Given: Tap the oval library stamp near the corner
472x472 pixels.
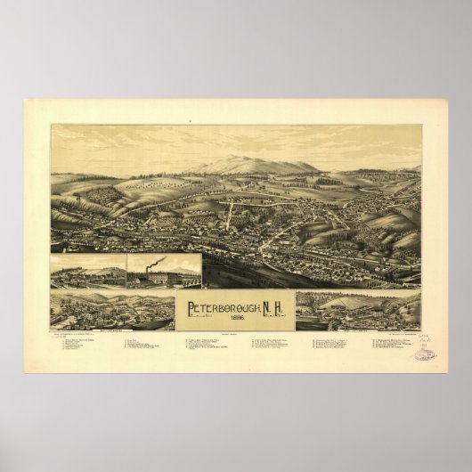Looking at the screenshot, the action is [425, 354].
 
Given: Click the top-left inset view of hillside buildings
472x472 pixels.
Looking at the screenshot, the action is [88, 271].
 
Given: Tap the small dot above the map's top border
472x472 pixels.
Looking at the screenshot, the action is [191, 120].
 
